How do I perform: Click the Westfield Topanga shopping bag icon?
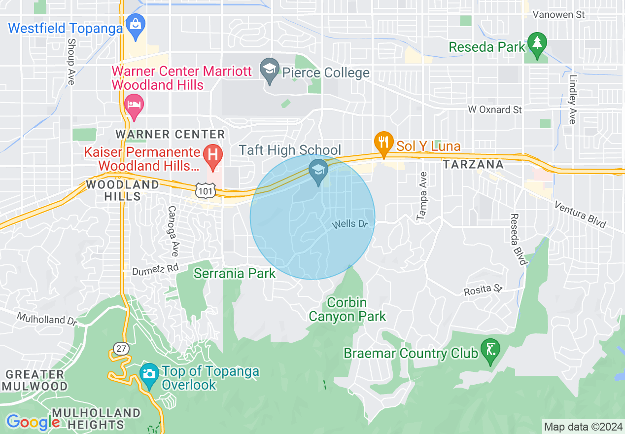135,23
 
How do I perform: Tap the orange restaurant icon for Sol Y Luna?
383,143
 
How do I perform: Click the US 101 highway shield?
203,190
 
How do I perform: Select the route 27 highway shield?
121,349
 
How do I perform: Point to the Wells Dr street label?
350,224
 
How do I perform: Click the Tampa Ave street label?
421,196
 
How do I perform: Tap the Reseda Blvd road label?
518,239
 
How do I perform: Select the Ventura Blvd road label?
580,215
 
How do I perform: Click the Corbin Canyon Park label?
347,309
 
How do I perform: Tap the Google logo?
33,422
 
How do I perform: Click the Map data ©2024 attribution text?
583,427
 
